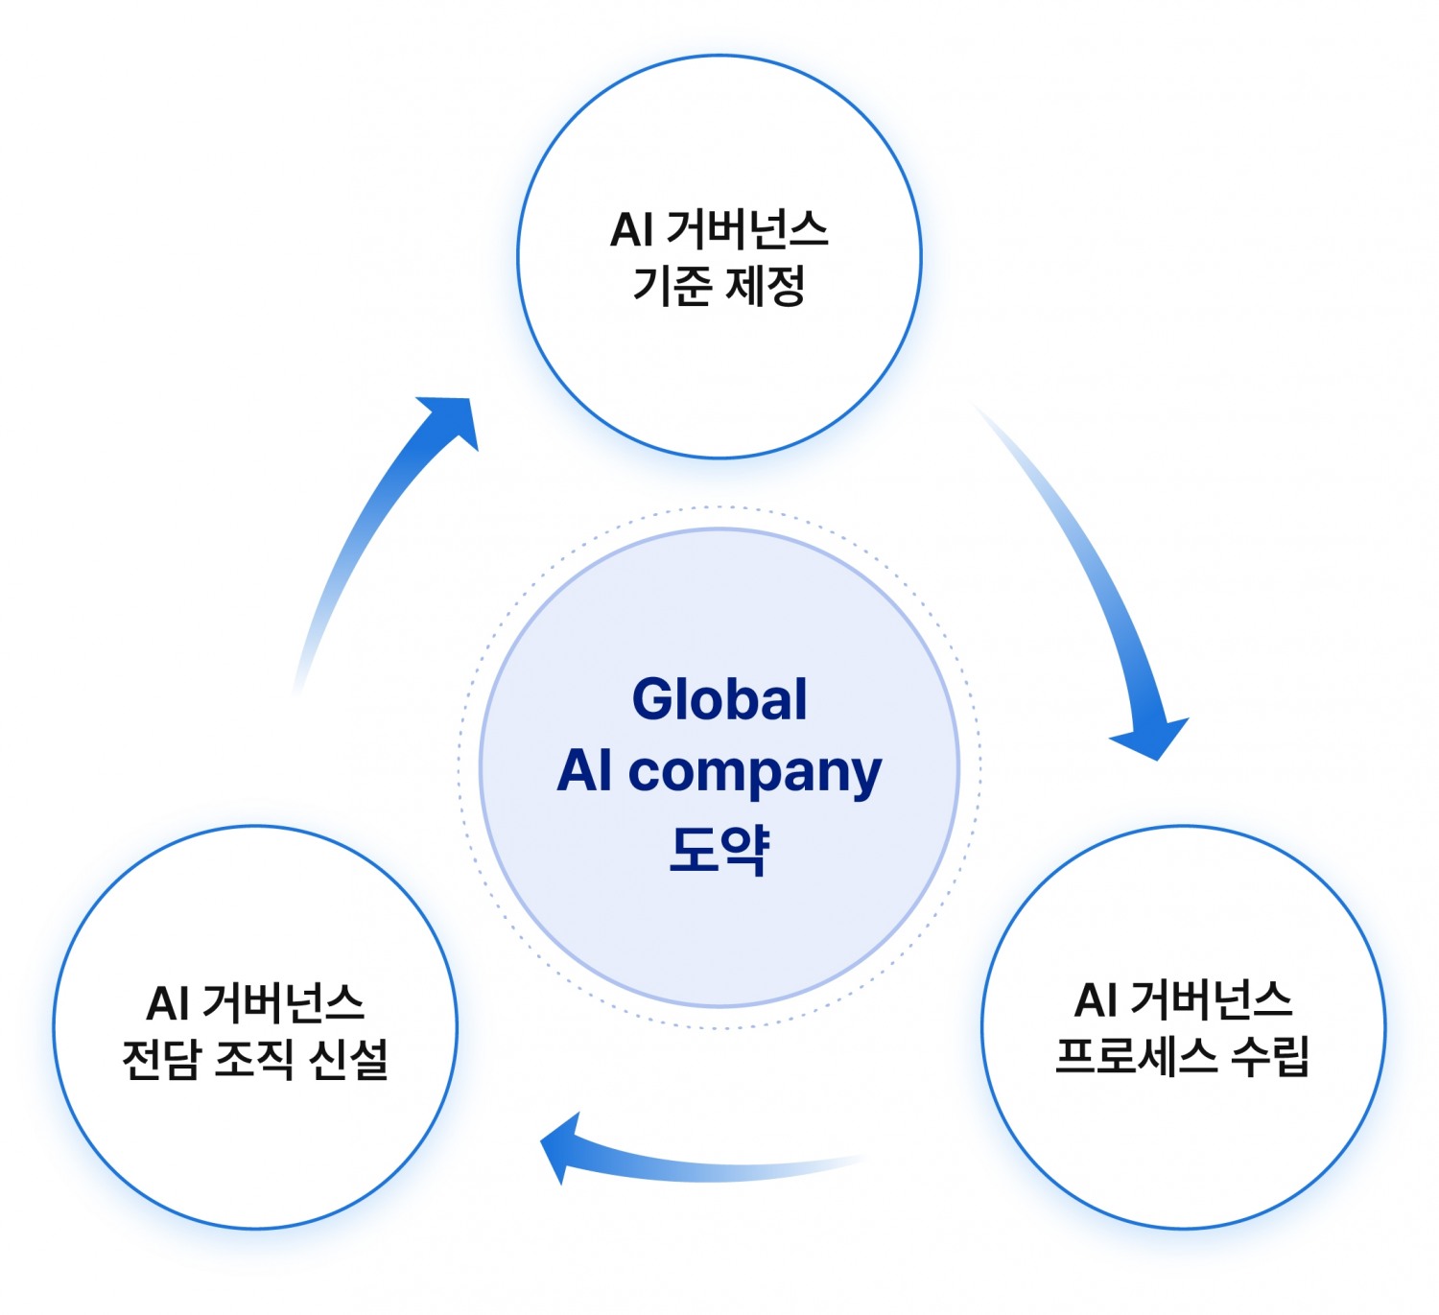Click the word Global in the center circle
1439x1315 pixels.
pyautogui.click(x=719, y=699)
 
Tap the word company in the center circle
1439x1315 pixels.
pyautogui.click(x=754, y=773)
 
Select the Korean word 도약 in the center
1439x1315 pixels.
pyautogui.click(x=719, y=848)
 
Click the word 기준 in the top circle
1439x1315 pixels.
pyautogui.click(x=672, y=286)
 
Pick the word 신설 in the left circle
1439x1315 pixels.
pyautogui.click(x=348, y=1060)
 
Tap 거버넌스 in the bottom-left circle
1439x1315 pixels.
pyautogui.click(x=283, y=1004)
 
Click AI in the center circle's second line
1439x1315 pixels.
pyautogui.click(x=585, y=771)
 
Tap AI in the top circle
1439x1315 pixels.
pyautogui.click(x=631, y=231)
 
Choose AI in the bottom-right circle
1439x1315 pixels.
pyautogui.click(x=1096, y=1001)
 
